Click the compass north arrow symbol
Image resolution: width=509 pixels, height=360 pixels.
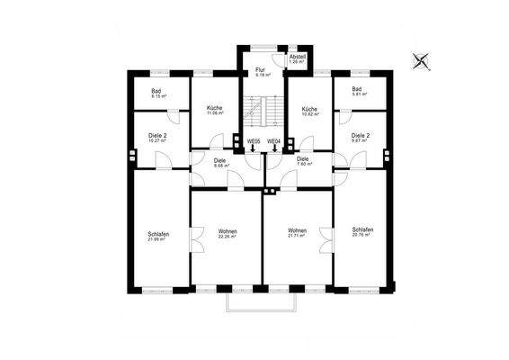[x=419, y=62]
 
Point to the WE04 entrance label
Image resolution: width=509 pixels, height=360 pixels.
[x=274, y=141]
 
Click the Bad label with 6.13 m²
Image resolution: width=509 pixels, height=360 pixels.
[x=156, y=92]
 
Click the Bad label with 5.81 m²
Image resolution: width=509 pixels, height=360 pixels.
[x=357, y=92]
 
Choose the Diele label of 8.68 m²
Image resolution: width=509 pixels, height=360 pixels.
[x=220, y=163]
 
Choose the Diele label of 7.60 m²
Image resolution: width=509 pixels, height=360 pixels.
[x=304, y=161]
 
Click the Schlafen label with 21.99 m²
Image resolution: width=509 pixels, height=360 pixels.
[x=159, y=237]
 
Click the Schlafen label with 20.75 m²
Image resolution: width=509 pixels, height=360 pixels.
[x=360, y=232]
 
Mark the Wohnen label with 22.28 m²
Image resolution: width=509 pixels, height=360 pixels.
[x=228, y=234]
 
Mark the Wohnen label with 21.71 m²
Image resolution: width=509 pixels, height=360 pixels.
[x=297, y=234]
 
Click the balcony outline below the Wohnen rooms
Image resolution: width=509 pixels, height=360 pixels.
[x=262, y=306]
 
